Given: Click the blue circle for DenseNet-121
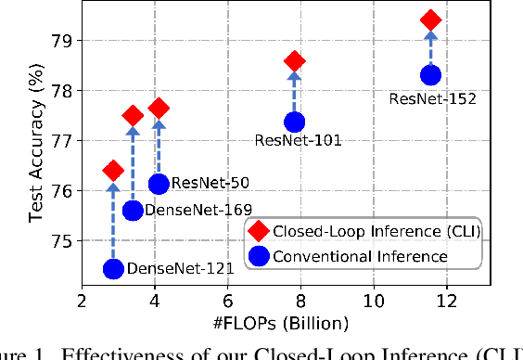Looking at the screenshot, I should coord(113,269).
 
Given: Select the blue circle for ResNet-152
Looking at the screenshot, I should coord(430,75).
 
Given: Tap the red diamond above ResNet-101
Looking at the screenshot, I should coord(295,62).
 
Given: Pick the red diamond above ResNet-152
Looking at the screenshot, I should coord(430,19).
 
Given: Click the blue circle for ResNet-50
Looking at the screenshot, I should coord(159,184).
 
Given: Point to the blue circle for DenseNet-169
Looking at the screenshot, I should coord(133,211).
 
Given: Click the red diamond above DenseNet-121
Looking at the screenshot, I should coord(113,170).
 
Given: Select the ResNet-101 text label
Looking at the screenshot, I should coord(298,141).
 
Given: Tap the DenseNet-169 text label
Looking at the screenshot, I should coord(192,212).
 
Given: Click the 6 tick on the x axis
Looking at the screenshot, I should coord(227,302).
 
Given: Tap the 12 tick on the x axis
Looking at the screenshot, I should coord(447,302).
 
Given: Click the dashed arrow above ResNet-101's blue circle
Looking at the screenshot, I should coord(295,93).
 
